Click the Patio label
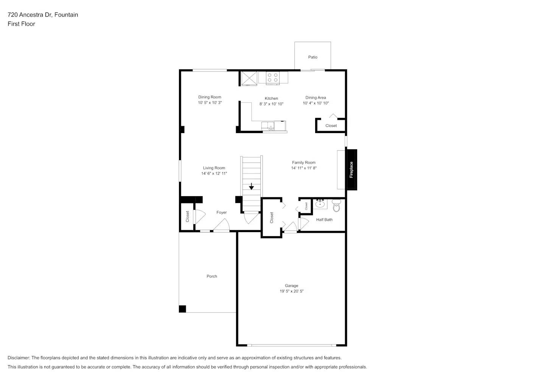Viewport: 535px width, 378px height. [313, 57]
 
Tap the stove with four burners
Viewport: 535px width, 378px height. [273, 77]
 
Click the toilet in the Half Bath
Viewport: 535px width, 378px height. [336, 206]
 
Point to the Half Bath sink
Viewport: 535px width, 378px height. [320, 204]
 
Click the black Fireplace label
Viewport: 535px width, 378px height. [351, 170]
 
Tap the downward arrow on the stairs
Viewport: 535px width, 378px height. [251, 187]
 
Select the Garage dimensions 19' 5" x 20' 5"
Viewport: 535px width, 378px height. [291, 291]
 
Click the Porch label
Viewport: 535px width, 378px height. [212, 276]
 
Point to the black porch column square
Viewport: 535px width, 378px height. [182, 309]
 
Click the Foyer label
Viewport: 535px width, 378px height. [221, 212]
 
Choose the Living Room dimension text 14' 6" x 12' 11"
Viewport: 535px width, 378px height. [214, 174]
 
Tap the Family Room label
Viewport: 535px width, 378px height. [303, 163]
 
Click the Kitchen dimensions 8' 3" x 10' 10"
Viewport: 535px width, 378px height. [271, 104]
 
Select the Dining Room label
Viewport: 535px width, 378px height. [210, 97]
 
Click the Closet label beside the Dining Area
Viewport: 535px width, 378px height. [331, 126]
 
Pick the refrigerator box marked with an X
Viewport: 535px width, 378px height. [249, 78]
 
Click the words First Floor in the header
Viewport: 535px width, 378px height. [21, 24]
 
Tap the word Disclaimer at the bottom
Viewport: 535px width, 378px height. [19, 358]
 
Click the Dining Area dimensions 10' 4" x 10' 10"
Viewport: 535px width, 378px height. [316, 103]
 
